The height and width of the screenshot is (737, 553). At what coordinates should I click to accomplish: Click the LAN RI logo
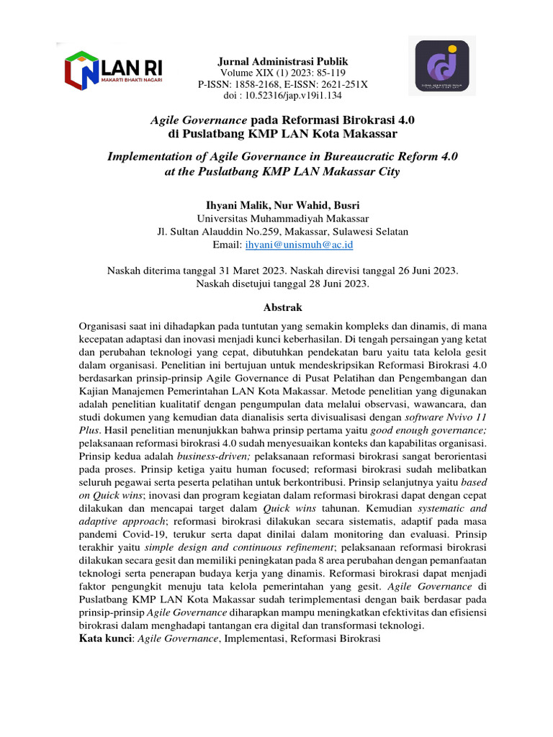point(114,70)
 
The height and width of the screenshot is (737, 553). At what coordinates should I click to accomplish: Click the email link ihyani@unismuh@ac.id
point(299,245)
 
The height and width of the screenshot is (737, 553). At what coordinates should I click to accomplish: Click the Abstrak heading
point(282,307)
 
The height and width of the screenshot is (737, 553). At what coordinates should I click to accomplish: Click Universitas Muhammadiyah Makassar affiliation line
point(282,218)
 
